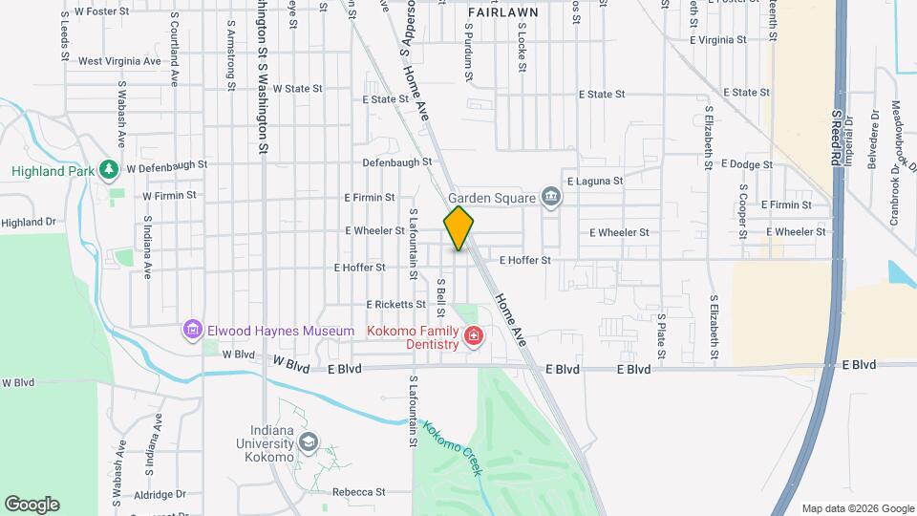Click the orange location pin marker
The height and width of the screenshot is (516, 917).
(458, 227)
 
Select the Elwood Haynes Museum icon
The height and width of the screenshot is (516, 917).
(192, 331)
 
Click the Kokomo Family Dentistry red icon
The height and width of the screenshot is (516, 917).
(473, 336)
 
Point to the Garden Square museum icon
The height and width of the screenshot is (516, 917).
(550, 197)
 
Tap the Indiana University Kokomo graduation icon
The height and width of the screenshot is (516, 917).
(308, 441)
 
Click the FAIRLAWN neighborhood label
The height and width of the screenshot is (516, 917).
(502, 12)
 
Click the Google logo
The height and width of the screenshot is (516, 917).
(32, 504)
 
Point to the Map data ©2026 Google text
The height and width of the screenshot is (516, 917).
(857, 508)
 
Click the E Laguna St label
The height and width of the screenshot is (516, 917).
(594, 180)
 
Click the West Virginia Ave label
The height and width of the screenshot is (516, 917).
(119, 61)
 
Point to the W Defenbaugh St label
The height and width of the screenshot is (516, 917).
(166, 165)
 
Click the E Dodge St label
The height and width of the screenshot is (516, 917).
(747, 164)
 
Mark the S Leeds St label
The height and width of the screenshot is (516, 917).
(64, 36)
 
